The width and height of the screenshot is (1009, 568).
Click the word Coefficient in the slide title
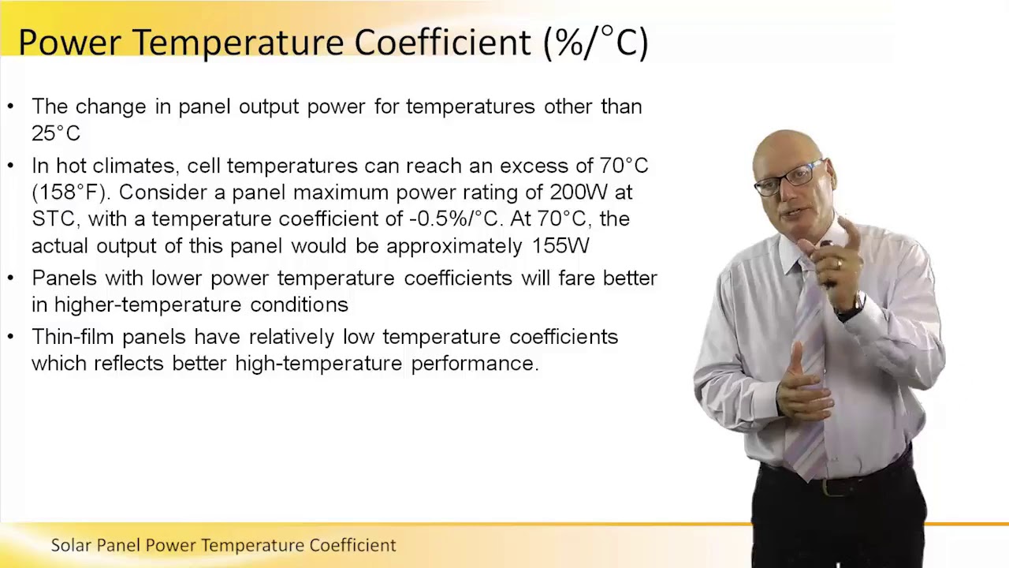(442, 43)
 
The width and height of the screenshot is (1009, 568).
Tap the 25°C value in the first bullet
(55, 133)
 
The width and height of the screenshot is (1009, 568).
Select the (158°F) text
(69, 192)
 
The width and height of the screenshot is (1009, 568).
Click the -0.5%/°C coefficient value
(456, 219)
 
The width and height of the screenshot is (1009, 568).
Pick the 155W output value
(560, 246)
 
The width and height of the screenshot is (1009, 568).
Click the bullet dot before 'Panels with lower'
(11, 278)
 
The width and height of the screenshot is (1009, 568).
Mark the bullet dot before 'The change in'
(11, 106)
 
